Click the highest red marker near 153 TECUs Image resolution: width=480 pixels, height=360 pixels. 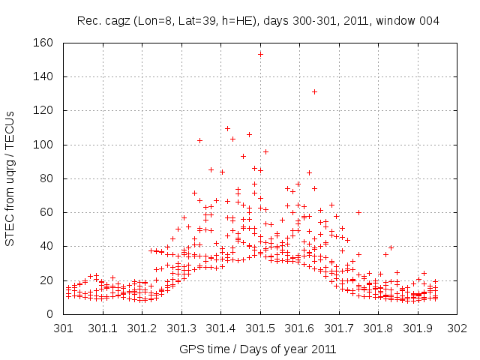point(260,54)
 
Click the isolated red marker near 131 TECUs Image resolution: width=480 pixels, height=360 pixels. point(315,92)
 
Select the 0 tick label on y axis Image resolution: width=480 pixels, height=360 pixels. point(49,314)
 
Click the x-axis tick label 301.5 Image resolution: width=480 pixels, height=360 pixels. point(260,328)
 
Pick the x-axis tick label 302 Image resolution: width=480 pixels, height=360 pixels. point(457,328)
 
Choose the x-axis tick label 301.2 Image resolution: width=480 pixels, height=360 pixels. point(142,328)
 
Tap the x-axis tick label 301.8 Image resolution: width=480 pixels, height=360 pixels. point(379,328)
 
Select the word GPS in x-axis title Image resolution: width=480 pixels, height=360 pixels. point(190,349)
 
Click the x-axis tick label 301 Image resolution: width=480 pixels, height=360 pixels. point(64,328)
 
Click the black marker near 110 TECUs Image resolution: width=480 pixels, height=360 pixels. point(228,128)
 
